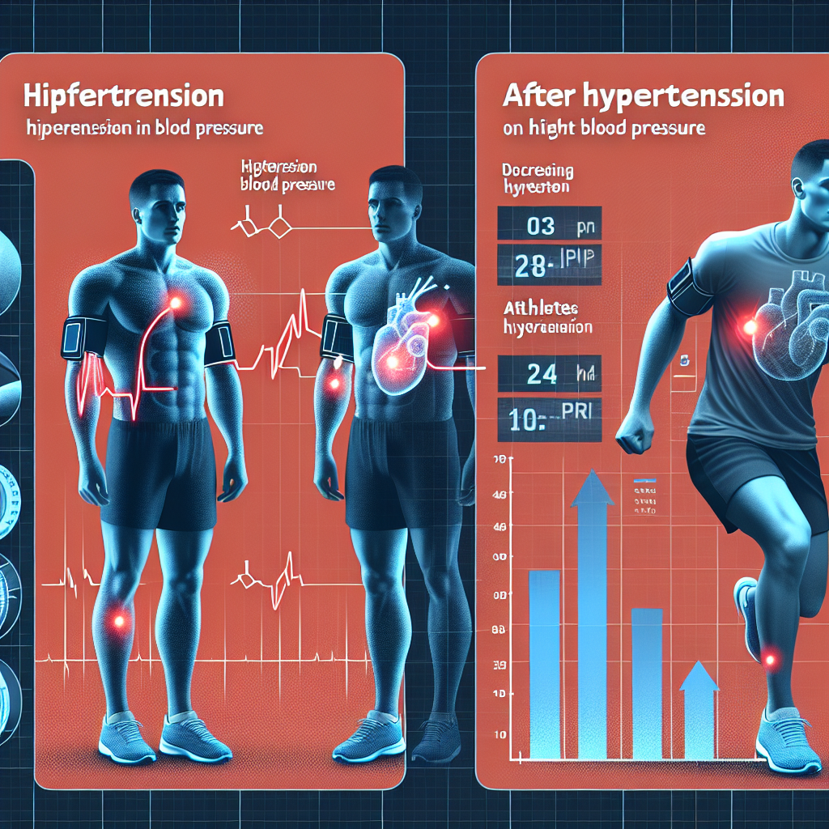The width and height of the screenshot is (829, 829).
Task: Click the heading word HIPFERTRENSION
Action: (x=123, y=96)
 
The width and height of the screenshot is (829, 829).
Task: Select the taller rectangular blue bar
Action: (x=543, y=664)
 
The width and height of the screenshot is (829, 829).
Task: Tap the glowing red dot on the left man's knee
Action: (x=119, y=622)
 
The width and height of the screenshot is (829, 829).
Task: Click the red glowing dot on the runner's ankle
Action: (x=770, y=660)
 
